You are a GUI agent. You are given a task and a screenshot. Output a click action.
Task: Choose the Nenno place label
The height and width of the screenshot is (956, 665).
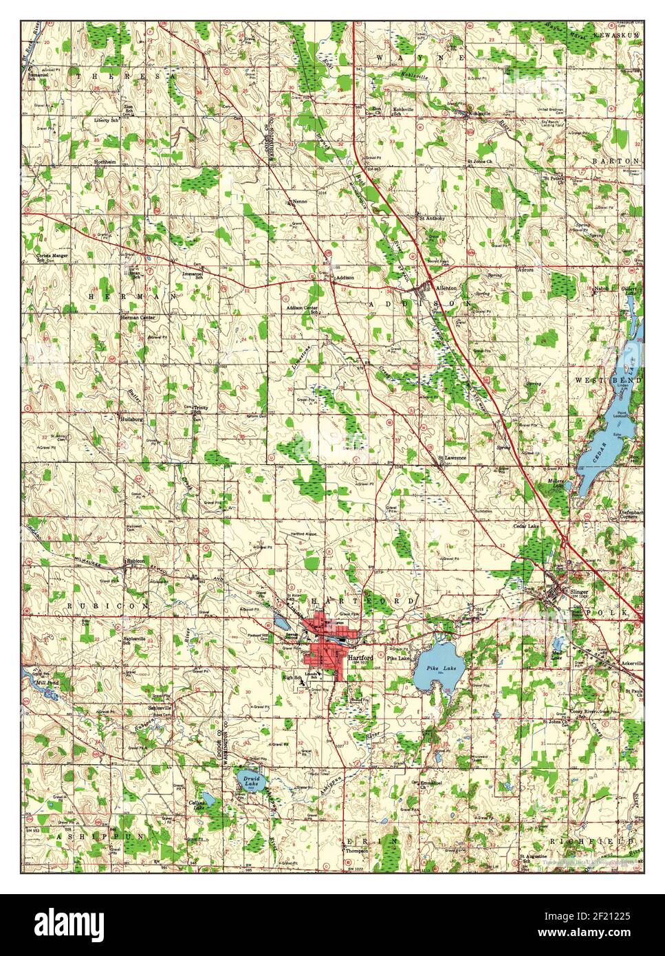[x=298, y=202]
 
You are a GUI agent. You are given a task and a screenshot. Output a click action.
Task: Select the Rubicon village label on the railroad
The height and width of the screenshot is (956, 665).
[x=135, y=560]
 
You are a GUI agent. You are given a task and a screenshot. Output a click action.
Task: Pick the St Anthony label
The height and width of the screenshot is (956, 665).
[x=432, y=219]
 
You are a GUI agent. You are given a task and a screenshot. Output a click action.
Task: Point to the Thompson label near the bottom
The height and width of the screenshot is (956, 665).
[x=357, y=851]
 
